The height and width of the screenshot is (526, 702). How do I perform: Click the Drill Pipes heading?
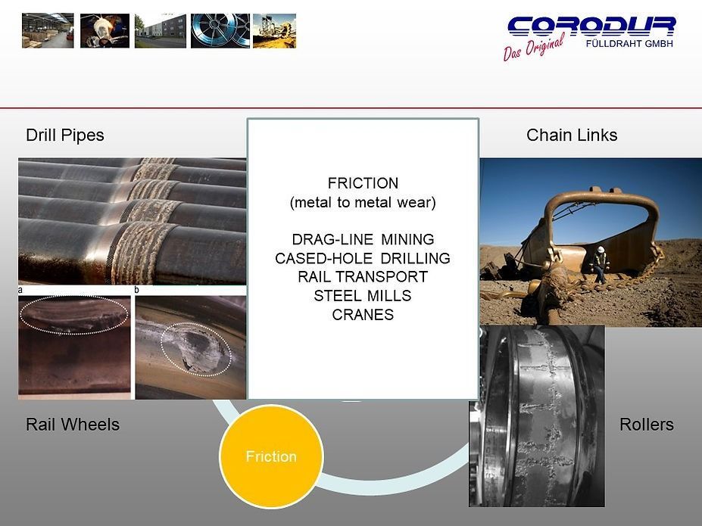[x=65, y=135]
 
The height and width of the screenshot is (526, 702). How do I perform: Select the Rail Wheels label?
[x=73, y=425]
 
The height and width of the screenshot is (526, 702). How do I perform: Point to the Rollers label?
[x=646, y=425]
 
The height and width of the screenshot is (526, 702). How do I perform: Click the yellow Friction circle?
[x=271, y=456]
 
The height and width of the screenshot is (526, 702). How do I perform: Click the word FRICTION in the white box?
[x=363, y=184]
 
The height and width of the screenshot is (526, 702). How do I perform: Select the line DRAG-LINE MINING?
[x=363, y=240]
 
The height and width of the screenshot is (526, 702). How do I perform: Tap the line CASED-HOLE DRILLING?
[x=363, y=259]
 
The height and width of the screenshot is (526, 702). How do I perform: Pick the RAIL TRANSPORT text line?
[x=363, y=277]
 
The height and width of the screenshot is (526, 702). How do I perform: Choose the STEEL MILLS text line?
[x=363, y=296]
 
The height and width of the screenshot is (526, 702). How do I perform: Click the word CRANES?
[x=363, y=315]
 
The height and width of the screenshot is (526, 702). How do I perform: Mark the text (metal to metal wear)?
[x=363, y=203]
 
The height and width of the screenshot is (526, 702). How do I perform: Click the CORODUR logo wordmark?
[x=591, y=26]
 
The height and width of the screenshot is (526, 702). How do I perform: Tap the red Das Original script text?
[x=534, y=48]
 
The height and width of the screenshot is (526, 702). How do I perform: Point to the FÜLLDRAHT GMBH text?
[x=629, y=43]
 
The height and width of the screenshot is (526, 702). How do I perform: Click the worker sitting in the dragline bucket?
[x=599, y=264]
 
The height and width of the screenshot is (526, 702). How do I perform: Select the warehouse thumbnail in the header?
[x=48, y=30]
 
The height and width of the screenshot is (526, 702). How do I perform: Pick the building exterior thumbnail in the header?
[x=161, y=30]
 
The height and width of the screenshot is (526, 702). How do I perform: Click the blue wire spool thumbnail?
[x=220, y=30]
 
